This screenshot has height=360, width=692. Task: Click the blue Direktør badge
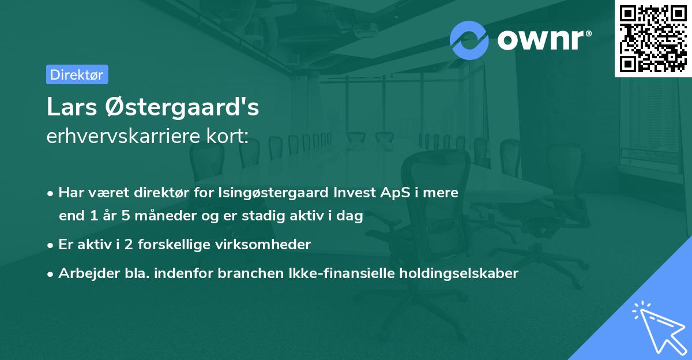pos(77,74)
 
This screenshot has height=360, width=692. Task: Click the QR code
pos(653,38)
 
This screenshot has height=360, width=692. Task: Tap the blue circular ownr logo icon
pos(469,40)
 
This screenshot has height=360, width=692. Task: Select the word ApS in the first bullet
pos(384,193)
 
